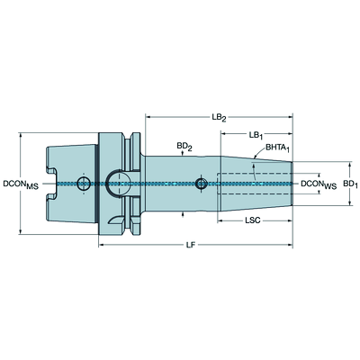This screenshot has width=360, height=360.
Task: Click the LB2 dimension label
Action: [219, 118]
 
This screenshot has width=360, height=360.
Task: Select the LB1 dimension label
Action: [256, 136]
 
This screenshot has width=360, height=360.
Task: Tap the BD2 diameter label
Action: [184, 147]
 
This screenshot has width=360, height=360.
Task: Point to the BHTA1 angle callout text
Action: [277, 148]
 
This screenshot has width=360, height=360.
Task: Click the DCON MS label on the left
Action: [21, 184]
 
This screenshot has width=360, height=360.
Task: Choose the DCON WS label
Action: [319, 184]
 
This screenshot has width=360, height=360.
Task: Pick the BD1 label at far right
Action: [350, 184]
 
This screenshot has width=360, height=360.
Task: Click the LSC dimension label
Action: [253, 220]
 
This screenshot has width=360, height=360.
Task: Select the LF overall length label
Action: [191, 245]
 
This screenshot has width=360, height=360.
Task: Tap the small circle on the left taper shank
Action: [84, 184]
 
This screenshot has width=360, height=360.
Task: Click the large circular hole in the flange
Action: [117, 184]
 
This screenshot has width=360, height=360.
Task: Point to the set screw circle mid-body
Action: [201, 184]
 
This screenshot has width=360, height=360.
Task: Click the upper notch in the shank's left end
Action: [51, 171]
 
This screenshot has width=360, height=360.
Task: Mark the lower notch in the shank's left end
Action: [51, 197]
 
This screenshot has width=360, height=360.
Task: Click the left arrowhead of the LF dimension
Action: [101, 246]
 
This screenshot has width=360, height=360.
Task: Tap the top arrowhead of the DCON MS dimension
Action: [21, 135]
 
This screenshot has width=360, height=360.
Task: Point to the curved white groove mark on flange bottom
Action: [115, 220]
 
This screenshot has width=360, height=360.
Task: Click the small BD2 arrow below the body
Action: [183, 214]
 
